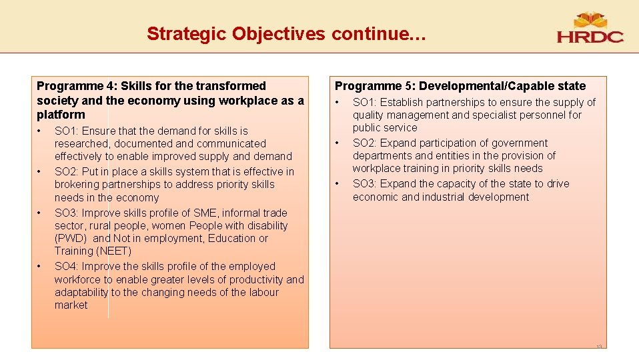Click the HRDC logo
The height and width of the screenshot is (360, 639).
(x=590, y=29)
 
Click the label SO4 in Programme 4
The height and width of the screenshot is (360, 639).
(x=65, y=266)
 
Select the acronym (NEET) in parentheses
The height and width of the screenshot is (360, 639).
(x=115, y=251)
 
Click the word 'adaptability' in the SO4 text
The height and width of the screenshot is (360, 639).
(x=81, y=292)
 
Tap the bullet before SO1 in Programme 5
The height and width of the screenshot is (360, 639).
(x=338, y=103)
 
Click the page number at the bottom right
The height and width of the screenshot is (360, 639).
(x=598, y=347)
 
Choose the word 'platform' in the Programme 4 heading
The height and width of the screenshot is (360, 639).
(x=61, y=115)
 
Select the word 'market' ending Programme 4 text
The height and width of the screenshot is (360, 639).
(x=71, y=305)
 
